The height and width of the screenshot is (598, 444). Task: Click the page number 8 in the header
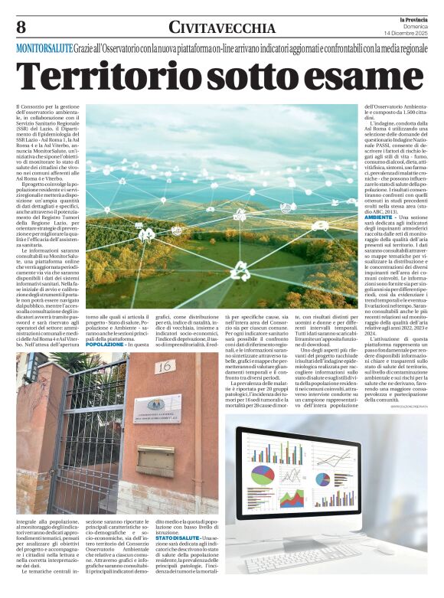pyautogui.click(x=21, y=27)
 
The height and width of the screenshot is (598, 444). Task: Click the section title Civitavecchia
pyautogui.click(x=221, y=28)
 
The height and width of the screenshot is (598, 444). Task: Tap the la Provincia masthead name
pyautogui.click(x=411, y=18)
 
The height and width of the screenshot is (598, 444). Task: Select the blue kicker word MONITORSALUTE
pyautogui.click(x=44, y=47)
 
